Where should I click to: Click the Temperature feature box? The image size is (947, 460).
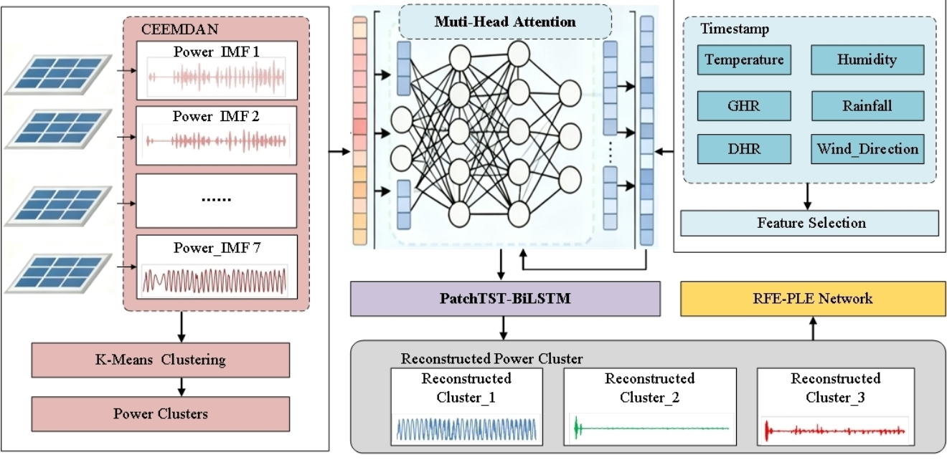(744, 60)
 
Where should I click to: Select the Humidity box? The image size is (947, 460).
(866, 60)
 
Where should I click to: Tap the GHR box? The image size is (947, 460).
(744, 106)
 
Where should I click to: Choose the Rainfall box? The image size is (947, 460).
(866, 106)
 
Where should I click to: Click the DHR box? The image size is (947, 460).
(744, 149)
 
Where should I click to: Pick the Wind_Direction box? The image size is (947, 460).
(866, 149)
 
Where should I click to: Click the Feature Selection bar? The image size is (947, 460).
(810, 223)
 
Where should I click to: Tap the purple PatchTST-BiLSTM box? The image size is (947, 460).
(504, 299)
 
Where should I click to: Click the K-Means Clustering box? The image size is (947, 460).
(161, 360)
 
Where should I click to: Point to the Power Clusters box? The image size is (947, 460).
(161, 413)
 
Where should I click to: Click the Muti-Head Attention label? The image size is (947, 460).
(504, 21)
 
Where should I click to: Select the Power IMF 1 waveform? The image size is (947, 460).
(216, 77)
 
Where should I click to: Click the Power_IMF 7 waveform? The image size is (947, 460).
(215, 280)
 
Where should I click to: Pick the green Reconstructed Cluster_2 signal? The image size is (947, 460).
(649, 428)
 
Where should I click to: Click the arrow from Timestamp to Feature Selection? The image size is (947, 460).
(809, 195)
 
